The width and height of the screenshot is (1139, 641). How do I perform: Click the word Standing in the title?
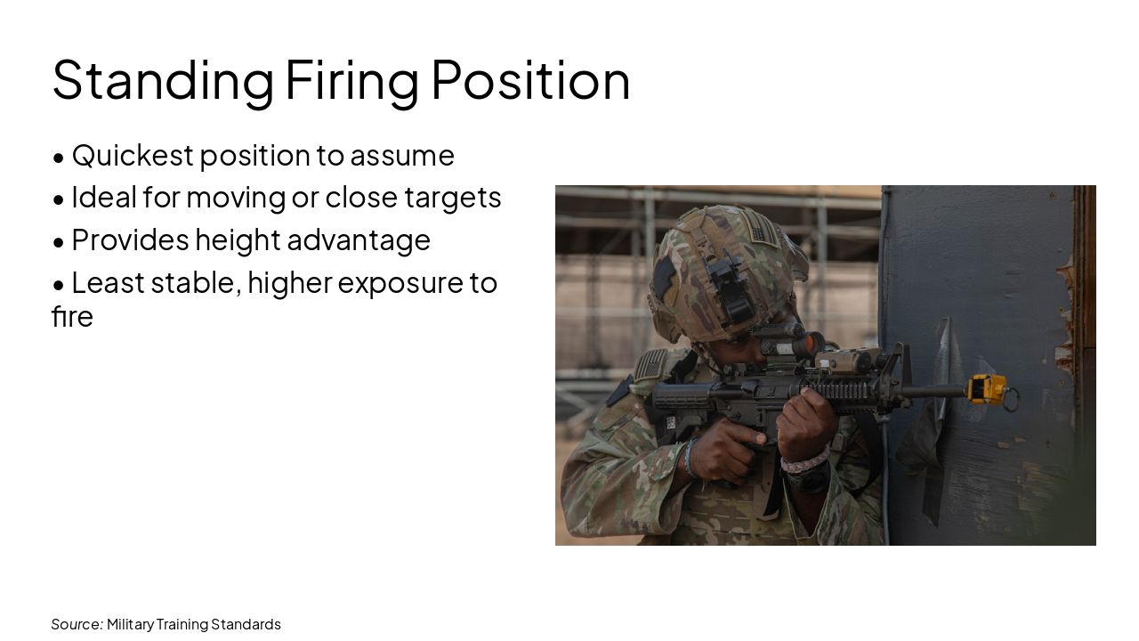163,80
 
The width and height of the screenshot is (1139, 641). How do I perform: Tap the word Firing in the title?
351,80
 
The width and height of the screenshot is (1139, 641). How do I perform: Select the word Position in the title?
530,80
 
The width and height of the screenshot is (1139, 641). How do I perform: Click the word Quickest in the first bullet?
132,156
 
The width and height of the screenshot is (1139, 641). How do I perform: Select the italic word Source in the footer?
77,624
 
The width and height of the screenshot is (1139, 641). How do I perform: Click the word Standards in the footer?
246,624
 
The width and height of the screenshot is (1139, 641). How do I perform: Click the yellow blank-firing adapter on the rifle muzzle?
988,389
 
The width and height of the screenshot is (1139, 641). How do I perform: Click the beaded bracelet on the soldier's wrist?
804,461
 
